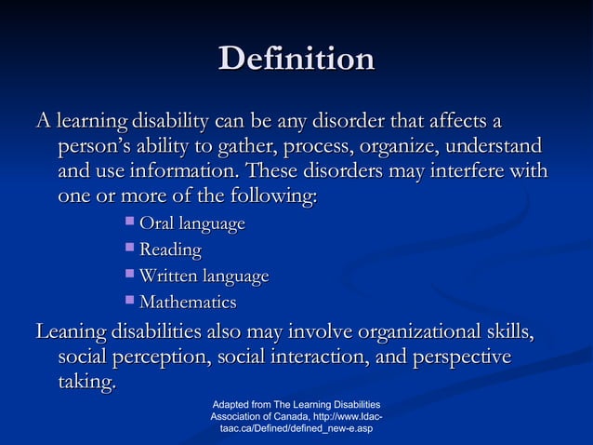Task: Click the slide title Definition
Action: pos(296,59)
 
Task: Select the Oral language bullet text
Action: pos(192,224)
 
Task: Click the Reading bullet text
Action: pos(170,250)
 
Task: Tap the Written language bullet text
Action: pos(204,276)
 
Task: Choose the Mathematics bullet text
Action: pos(188,303)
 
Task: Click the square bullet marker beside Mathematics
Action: pos(129,301)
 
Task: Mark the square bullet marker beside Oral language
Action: pos(129,222)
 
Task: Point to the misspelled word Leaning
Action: pos(70,332)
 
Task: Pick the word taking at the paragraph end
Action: pos(87,384)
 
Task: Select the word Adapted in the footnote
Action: pos(231,405)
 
